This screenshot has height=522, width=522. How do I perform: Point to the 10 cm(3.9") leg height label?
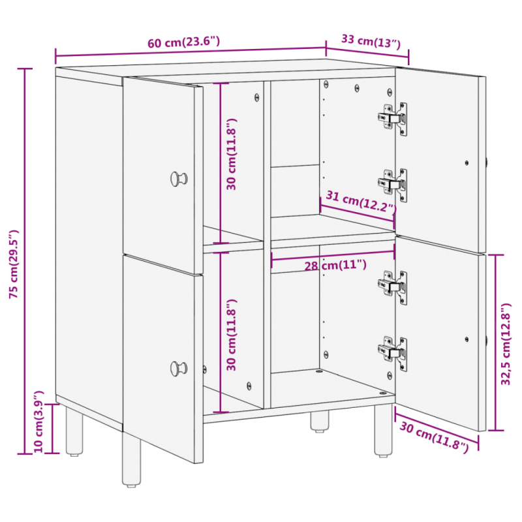[38, 422]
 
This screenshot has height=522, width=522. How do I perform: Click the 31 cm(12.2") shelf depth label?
[361, 202]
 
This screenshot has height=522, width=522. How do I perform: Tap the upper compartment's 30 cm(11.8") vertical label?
[232, 154]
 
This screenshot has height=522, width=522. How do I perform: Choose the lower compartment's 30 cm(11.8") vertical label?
[232, 335]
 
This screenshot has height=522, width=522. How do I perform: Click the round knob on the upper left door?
[178, 178]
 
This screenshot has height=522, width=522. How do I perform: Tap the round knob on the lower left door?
[178, 368]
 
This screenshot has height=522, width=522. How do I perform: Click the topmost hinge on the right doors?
[394, 118]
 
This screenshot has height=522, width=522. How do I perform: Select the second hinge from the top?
[394, 184]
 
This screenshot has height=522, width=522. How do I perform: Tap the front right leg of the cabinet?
[384, 430]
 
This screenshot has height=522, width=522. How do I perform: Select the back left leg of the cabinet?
[74, 431]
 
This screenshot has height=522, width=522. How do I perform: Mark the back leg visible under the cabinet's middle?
[319, 421]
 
